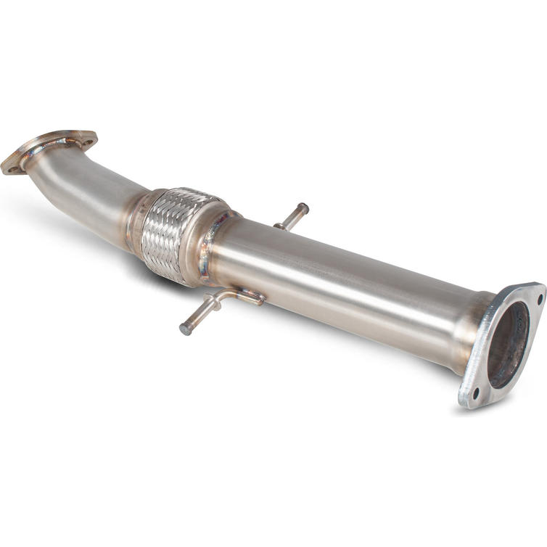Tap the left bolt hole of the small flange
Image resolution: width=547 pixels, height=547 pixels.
12,169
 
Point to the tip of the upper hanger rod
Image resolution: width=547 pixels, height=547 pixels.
303,208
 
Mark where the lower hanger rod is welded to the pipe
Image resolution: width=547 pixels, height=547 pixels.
254,297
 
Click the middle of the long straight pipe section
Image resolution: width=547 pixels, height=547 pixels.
341,283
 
